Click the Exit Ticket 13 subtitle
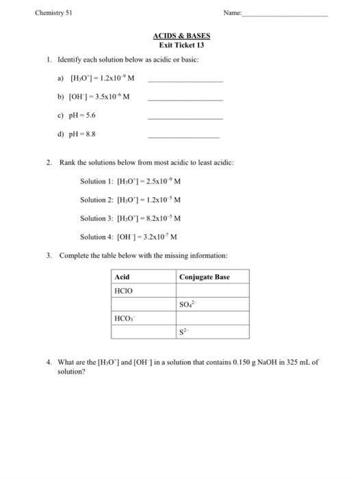181,45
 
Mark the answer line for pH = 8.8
185,136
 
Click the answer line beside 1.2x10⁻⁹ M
185,82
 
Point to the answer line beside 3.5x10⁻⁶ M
185,100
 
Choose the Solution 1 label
99,181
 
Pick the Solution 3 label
99,218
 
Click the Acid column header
122,277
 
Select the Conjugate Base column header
205,277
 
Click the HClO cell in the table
124,291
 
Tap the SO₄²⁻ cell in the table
189,305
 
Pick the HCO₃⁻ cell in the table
124,318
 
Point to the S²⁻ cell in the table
185,332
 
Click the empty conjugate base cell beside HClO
212,291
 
